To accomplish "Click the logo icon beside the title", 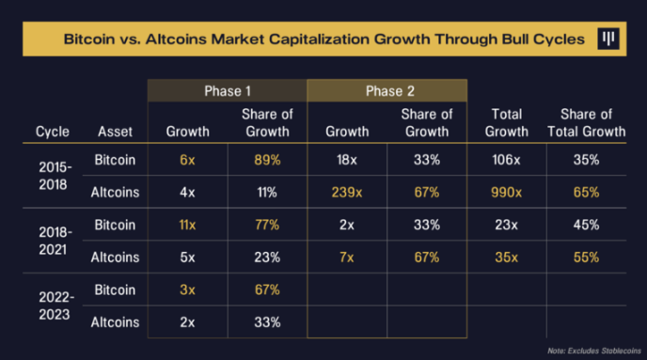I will click(610, 39).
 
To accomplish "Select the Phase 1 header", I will click(227, 91).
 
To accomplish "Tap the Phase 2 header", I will click(387, 91).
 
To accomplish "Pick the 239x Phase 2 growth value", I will click(347, 193).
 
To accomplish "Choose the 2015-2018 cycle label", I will click(53, 177).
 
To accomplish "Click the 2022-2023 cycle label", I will click(53, 306).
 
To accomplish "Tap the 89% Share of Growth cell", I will click(267, 161).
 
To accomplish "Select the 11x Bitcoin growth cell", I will click(188, 226).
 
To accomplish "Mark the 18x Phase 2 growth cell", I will click(347, 161).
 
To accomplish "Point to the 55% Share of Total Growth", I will click(586, 258).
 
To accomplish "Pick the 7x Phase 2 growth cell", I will click(347, 258).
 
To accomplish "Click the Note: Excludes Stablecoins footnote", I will click(591, 347).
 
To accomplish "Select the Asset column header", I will click(118, 132).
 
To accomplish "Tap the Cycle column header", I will click(53, 132).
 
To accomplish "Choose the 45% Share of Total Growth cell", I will click(586, 226).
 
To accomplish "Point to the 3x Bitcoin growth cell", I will click(188, 290).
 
